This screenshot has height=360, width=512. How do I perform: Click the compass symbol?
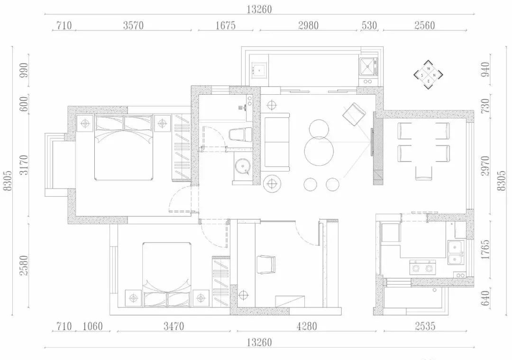pos(428,75)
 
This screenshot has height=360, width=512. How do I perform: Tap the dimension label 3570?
pos(133,26)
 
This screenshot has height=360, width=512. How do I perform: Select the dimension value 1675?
pos(225,26)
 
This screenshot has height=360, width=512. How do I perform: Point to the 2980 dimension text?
pos(308,26)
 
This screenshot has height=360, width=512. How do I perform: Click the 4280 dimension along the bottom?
pos(307,326)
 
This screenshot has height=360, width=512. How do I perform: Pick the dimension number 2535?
pos(425,326)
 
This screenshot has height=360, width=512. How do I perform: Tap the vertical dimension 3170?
pos(24,165)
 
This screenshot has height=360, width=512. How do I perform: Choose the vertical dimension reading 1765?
pos(485,249)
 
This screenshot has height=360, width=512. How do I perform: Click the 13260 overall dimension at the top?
pos(259,9)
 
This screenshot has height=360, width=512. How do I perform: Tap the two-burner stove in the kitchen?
pos(422,267)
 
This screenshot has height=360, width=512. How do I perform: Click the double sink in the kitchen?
pos(456,252)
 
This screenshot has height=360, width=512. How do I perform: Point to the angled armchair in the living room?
pos(354,114)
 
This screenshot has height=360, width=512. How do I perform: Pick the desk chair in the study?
pos(266,264)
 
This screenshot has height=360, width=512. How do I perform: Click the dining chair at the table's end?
pos(423,173)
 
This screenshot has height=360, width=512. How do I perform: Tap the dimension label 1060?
pos(93,326)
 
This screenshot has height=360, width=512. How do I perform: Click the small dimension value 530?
pos(369,26)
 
